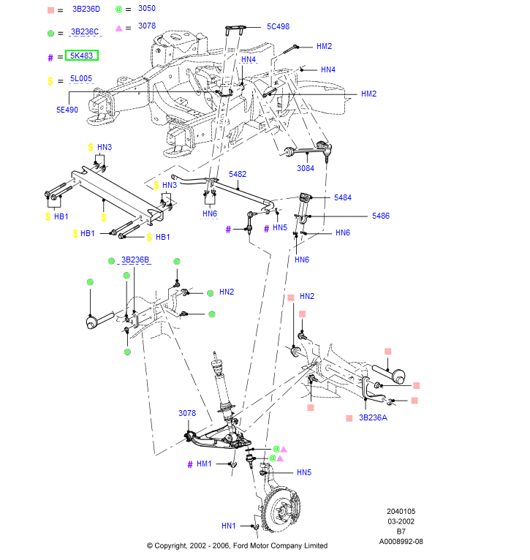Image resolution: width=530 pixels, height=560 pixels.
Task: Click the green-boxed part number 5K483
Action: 83,56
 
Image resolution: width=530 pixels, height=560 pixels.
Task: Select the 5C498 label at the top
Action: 278,26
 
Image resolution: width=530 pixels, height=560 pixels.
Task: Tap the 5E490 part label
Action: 67,110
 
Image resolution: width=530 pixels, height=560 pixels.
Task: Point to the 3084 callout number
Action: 306,168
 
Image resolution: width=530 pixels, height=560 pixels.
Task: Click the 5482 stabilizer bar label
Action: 238,175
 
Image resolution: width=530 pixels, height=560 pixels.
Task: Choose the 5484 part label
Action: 342,198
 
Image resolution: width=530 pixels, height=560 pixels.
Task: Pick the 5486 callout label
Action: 380,216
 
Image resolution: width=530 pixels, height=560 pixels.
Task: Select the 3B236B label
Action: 135,260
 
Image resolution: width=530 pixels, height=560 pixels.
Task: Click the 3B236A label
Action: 373,418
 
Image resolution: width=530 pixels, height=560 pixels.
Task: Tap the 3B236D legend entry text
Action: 86,10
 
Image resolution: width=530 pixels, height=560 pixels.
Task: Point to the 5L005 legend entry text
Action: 81,78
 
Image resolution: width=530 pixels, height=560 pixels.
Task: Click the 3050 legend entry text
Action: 147,9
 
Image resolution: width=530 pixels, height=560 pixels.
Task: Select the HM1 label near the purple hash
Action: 203,463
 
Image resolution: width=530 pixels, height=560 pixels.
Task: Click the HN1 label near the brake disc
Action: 229,526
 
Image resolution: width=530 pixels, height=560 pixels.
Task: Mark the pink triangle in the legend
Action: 119,27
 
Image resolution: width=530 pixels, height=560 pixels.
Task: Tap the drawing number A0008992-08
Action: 401,542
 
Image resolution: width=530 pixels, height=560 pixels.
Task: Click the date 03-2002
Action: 401,522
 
